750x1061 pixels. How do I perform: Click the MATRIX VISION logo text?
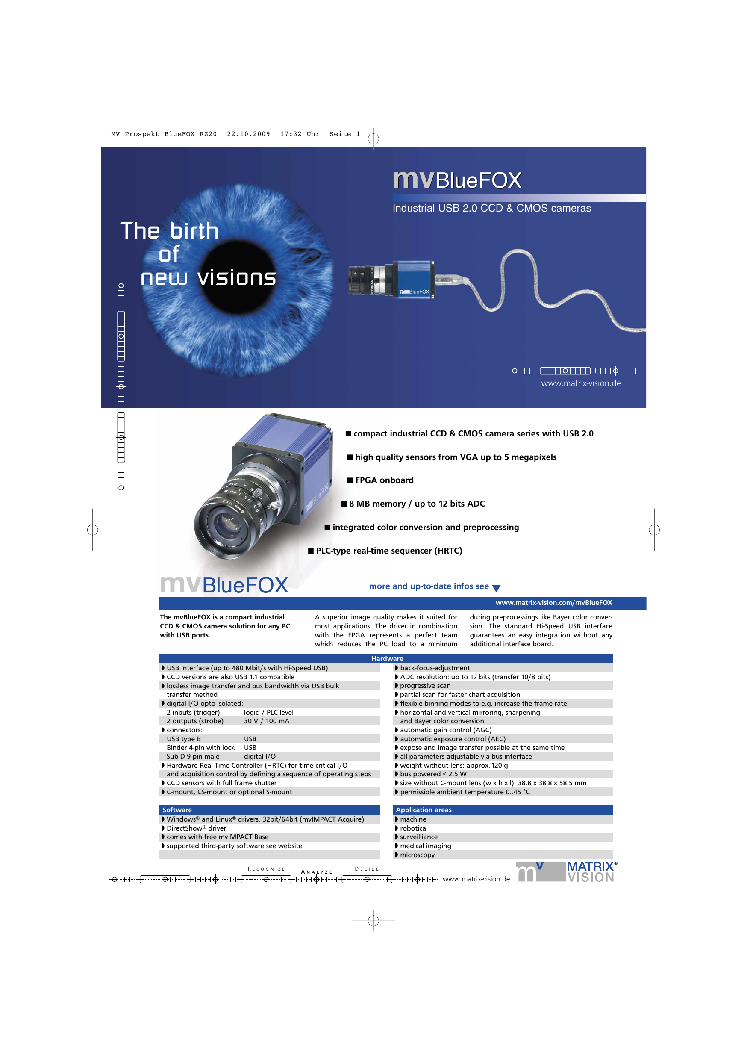coord(591,872)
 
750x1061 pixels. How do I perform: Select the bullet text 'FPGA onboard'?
coord(385,480)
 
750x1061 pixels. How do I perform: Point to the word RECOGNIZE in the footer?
coord(267,869)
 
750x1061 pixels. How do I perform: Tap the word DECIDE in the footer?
coord(367,869)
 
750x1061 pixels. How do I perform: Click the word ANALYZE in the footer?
coord(317,872)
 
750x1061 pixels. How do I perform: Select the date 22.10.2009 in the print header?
coord(249,134)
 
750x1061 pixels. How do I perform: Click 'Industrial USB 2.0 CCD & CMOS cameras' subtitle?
coord(492,209)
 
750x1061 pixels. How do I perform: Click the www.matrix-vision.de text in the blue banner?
coord(581,383)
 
